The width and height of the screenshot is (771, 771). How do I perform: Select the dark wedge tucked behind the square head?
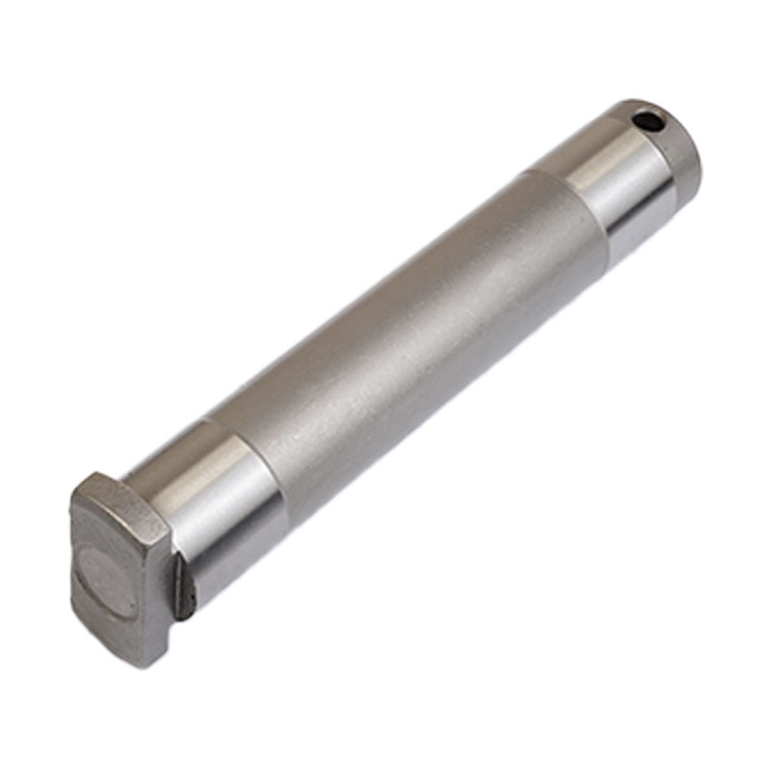tap(183, 590)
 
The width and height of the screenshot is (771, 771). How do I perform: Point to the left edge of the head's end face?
tap(74, 569)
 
